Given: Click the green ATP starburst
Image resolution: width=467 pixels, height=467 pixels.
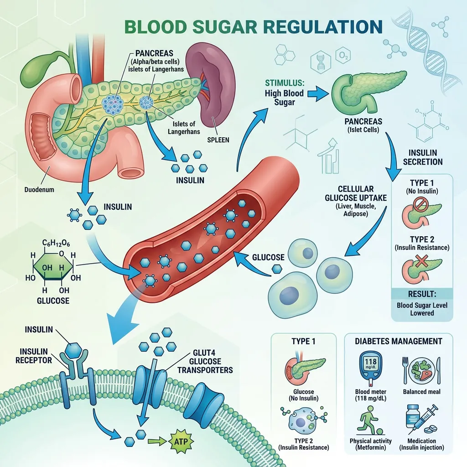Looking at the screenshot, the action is click(181, 441).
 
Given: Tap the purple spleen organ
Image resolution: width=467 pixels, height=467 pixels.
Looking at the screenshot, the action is click(212, 86).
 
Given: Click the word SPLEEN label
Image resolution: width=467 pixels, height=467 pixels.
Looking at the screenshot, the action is click(218, 140).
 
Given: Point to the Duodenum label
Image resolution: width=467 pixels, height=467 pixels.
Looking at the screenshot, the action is click(39, 189).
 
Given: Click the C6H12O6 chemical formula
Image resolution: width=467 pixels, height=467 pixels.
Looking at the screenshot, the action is click(56, 244).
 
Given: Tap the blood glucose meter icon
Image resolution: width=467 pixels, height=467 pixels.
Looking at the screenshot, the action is click(370, 368).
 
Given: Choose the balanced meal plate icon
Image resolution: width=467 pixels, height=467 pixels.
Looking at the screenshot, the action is click(421, 370).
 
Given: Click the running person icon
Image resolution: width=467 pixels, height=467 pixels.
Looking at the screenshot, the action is click(368, 420).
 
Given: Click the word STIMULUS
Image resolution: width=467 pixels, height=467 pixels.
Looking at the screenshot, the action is click(285, 83).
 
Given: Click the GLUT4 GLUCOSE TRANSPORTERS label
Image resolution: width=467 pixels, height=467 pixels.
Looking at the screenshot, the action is click(205, 361).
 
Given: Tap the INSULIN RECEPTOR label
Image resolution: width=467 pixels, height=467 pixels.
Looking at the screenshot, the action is click(34, 356).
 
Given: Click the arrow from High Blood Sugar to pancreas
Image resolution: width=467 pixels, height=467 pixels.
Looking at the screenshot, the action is click(318, 93).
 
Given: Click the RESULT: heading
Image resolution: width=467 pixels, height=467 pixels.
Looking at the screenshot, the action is click(422, 294).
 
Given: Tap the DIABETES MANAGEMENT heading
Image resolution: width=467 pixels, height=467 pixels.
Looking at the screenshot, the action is click(399, 341).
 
